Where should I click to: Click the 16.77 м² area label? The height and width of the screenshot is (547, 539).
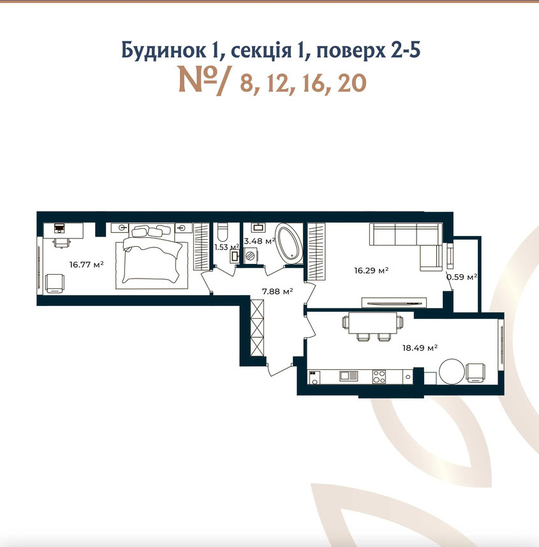[x=86, y=265]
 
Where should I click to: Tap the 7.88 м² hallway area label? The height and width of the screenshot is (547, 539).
[x=277, y=291]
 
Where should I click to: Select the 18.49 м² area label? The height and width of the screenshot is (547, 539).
[x=420, y=348]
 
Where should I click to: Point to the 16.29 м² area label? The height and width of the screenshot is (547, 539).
[x=371, y=270]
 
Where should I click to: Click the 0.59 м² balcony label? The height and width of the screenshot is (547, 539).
[x=462, y=277]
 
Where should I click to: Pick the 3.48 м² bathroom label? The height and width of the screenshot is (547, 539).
[x=260, y=241]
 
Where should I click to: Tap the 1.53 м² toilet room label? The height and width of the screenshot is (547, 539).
[x=226, y=247]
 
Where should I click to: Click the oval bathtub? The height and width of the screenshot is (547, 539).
[x=289, y=244]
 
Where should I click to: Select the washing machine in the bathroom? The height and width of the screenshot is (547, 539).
[x=251, y=255]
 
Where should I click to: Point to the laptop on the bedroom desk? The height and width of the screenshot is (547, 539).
[x=60, y=228]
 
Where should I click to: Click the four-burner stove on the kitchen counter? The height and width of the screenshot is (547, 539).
[x=379, y=377]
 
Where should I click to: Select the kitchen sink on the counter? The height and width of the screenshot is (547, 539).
[x=349, y=376]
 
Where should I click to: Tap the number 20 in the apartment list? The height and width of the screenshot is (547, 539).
[x=352, y=84]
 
